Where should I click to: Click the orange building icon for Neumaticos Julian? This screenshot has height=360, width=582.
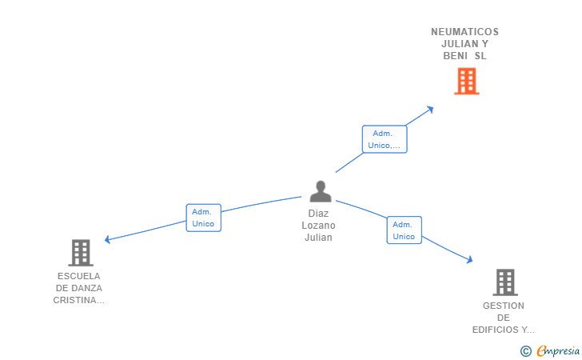click(x=466, y=81)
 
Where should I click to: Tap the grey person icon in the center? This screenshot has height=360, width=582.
click(x=321, y=192)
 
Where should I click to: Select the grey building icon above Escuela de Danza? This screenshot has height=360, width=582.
click(x=80, y=253)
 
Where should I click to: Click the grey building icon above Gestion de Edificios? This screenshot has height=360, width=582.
click(x=504, y=282)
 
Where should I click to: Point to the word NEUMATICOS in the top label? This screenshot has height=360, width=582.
click(x=464, y=32)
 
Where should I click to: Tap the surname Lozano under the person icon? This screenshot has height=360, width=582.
click(x=318, y=226)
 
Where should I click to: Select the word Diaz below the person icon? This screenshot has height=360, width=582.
click(x=318, y=214)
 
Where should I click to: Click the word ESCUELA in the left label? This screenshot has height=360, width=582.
click(x=79, y=276)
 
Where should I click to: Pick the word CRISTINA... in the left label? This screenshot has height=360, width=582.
click(x=79, y=300)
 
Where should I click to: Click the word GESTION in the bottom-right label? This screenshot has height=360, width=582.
click(x=504, y=306)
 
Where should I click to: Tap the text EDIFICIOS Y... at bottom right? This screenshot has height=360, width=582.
click(x=504, y=330)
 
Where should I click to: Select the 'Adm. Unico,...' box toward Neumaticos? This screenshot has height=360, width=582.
click(x=385, y=139)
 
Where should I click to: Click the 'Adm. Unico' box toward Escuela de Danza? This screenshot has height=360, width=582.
click(x=203, y=218)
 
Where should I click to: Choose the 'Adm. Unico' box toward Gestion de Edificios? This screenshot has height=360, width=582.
click(x=404, y=230)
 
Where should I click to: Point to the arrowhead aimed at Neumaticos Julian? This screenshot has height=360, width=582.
click(x=431, y=108)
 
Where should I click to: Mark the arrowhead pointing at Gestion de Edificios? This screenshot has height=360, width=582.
click(x=470, y=260)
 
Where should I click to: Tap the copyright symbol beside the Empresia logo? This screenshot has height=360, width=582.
click(x=525, y=350)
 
